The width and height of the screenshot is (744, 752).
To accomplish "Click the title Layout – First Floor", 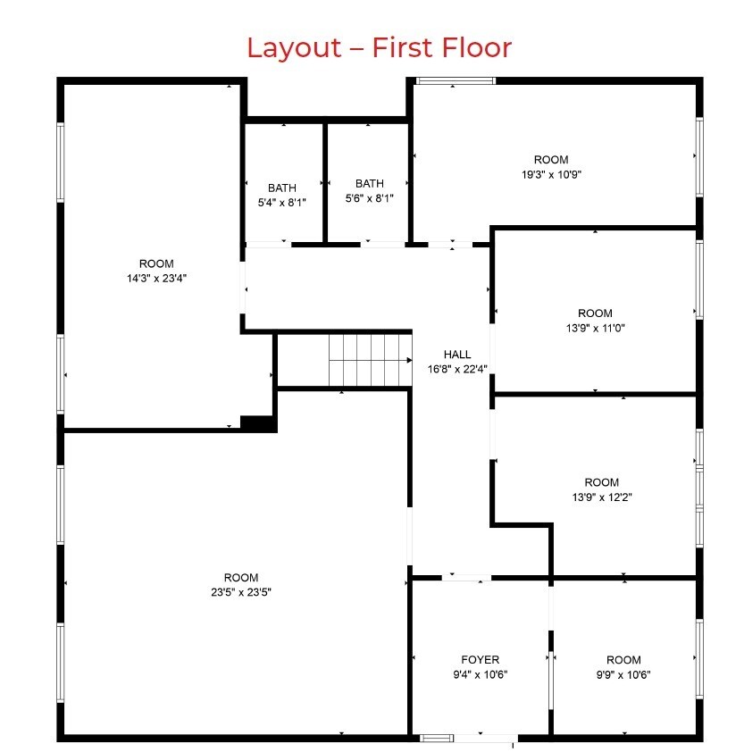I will pyautogui.click(x=379, y=46).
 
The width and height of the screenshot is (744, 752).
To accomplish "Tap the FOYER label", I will pyautogui.click(x=481, y=660).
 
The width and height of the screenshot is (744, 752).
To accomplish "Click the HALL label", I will pyautogui.click(x=456, y=355).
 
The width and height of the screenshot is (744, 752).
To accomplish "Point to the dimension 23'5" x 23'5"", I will pyautogui.click(x=241, y=591).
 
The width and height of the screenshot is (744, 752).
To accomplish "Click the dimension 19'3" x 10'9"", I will pyautogui.click(x=551, y=175).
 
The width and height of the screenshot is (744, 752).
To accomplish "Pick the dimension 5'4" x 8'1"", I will pyautogui.click(x=282, y=203).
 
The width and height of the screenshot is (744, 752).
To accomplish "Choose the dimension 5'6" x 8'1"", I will pyautogui.click(x=370, y=198).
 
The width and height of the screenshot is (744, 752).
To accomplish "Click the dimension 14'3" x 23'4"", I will pyautogui.click(x=156, y=278).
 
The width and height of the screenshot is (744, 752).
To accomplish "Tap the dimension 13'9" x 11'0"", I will pyautogui.click(x=595, y=328).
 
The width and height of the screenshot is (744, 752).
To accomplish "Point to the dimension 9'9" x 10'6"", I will pyautogui.click(x=623, y=674).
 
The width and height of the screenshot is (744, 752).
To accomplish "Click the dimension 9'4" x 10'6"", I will pyautogui.click(x=481, y=674).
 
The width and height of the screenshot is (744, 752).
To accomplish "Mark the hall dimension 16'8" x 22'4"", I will pyautogui.click(x=456, y=368).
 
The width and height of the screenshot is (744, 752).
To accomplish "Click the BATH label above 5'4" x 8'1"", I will pyautogui.click(x=282, y=188).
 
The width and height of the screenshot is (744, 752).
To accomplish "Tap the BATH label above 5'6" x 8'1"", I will pyautogui.click(x=370, y=184).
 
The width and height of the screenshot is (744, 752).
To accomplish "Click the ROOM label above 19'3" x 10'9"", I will pyautogui.click(x=551, y=161).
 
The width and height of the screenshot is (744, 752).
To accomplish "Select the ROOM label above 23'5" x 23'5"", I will pyautogui.click(x=241, y=578).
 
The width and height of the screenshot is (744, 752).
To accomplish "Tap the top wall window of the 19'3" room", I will pyautogui.click(x=456, y=81).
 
